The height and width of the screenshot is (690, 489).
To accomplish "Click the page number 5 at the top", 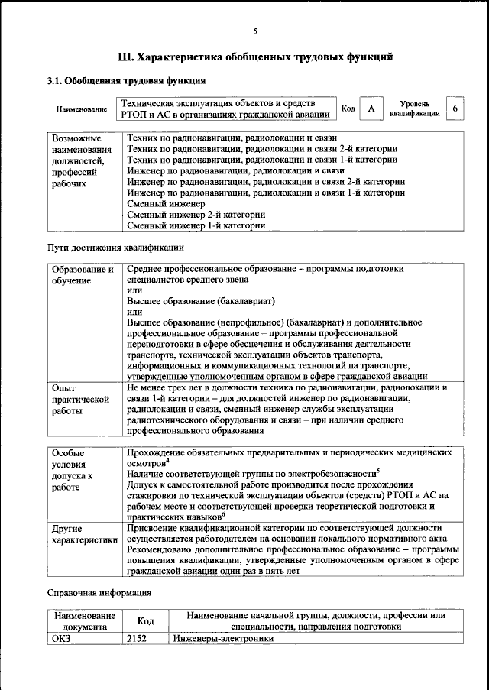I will point(255,31).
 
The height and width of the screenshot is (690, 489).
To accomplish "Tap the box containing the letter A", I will point(371,109).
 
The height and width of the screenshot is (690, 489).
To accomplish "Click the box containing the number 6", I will point(455,109).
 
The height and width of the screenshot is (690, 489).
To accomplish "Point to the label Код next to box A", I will point(348,109).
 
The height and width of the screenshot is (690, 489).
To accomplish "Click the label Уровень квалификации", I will point(414,109).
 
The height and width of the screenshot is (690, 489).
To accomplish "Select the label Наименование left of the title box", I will point(82,109).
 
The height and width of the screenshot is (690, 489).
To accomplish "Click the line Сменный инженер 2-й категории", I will point(196,215).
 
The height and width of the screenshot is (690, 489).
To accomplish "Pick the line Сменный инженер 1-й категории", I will point(196,226).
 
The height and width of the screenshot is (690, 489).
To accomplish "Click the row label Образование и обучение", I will point(83,275).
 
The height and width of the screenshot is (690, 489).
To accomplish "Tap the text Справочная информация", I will point(99,592).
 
